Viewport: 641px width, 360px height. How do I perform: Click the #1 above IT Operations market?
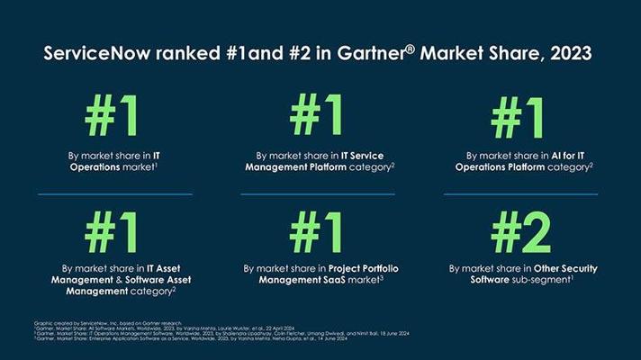(113, 118)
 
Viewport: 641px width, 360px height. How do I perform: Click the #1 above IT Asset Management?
(113, 232)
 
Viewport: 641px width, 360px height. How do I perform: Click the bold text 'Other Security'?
(565, 268)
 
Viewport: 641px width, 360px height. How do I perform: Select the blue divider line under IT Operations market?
(114, 193)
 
